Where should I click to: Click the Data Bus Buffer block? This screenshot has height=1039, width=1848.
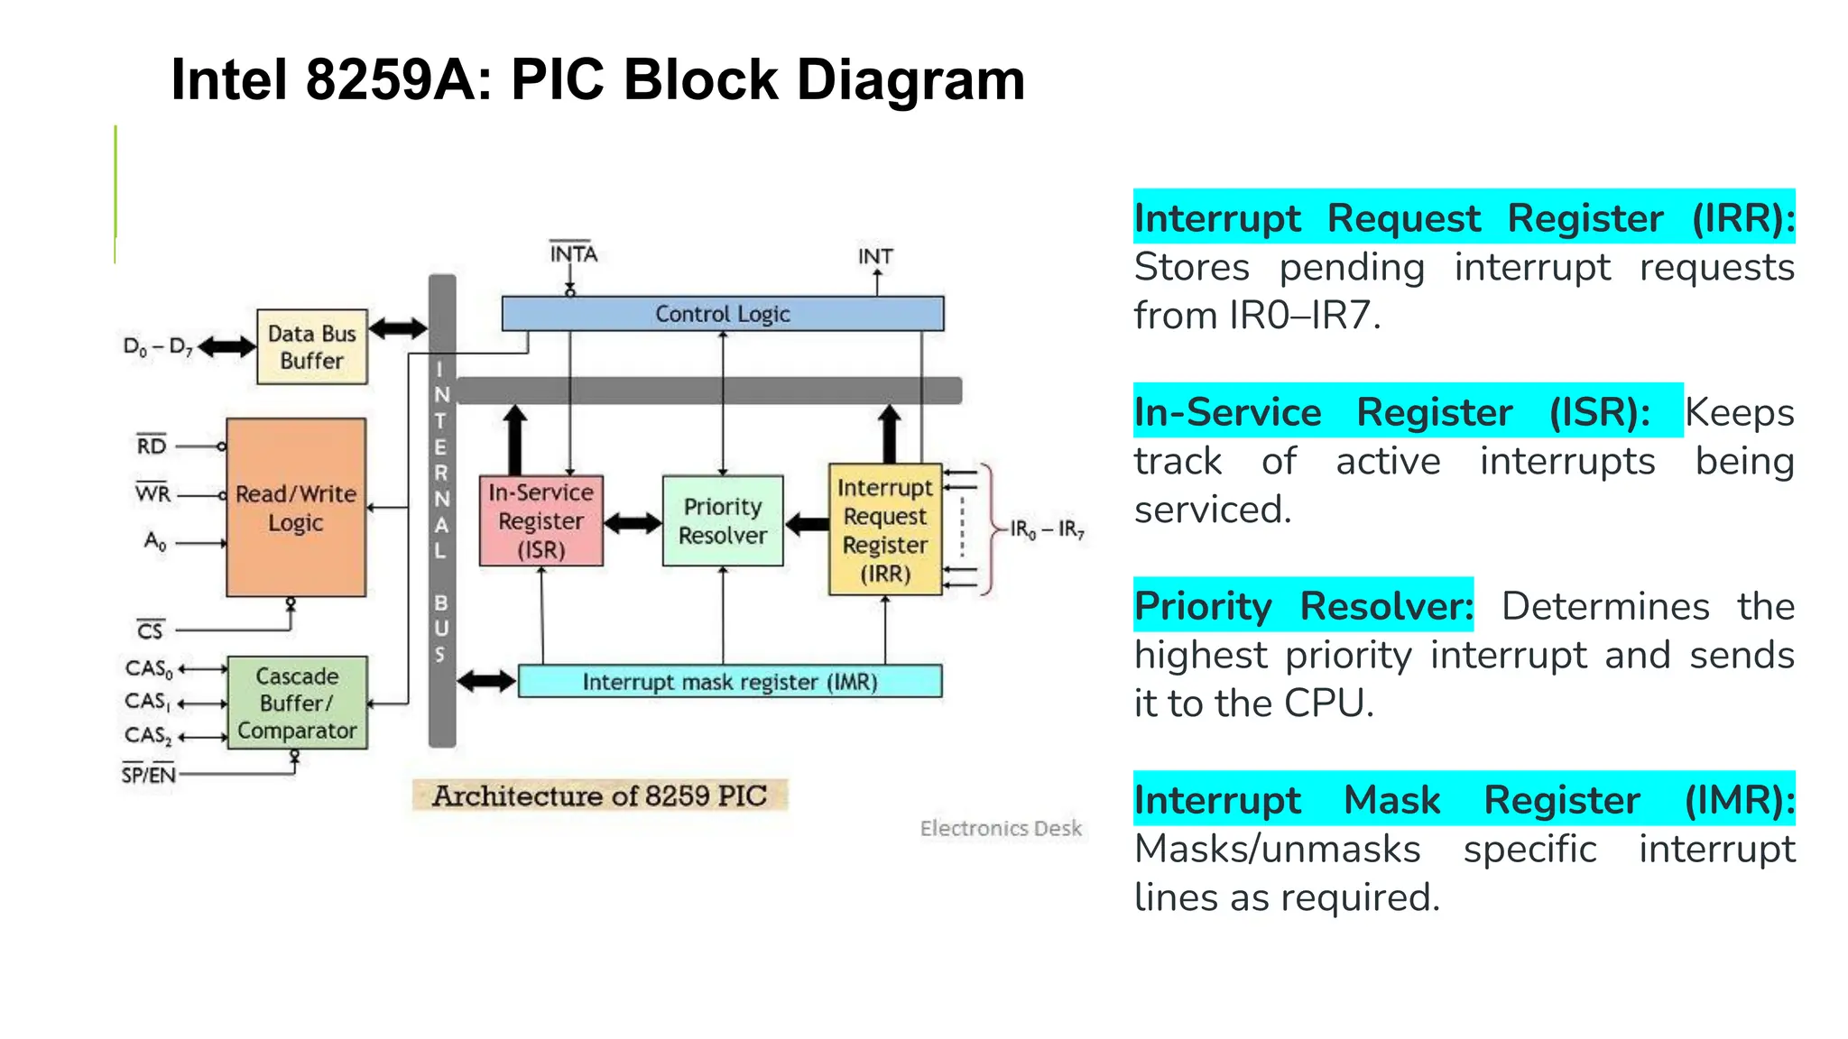click(311, 347)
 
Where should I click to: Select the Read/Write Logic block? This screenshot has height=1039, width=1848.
click(296, 508)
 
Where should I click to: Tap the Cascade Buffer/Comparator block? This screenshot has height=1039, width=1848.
click(297, 703)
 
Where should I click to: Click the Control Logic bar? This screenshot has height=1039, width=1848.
click(722, 314)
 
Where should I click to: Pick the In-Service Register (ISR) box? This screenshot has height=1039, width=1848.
click(541, 521)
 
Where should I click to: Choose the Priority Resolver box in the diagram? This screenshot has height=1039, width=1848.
click(722, 521)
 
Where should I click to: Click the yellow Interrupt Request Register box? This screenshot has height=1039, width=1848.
click(884, 530)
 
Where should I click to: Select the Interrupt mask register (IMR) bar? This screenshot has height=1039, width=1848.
click(729, 682)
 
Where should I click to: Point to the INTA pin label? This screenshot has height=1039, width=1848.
click(573, 254)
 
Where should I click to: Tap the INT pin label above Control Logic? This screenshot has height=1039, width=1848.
click(874, 257)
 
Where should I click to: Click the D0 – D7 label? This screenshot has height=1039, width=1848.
click(158, 347)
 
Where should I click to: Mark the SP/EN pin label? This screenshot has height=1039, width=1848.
click(149, 775)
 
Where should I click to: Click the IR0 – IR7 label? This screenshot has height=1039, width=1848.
click(1047, 529)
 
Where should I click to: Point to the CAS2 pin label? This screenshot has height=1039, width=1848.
click(148, 736)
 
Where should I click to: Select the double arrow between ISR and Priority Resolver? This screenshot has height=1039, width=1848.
click(633, 523)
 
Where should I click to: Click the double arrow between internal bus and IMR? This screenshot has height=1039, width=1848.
click(486, 681)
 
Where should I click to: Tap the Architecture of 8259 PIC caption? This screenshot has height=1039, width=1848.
click(599, 795)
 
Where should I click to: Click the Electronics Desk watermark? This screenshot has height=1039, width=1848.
click(1000, 828)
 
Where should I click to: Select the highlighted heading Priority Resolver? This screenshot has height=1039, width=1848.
click(1302, 605)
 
